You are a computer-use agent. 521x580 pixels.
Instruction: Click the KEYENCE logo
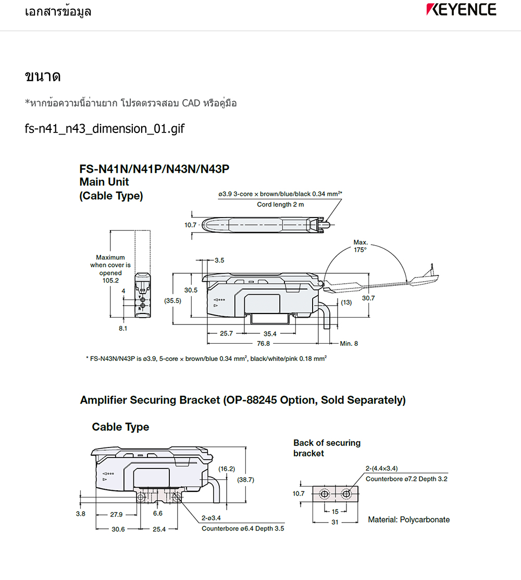point(461,9)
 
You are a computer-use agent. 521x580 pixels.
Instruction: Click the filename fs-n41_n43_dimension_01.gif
point(104,128)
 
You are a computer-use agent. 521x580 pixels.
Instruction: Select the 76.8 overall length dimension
point(264,343)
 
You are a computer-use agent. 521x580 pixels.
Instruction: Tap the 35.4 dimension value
point(270,333)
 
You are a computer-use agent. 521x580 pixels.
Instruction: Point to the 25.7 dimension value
point(226,333)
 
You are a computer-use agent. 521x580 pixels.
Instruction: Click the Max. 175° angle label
point(361,246)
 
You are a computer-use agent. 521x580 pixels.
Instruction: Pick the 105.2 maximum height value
point(110,280)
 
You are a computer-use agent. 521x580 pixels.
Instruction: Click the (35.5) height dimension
point(172,300)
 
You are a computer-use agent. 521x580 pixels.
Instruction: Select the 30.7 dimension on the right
point(368,298)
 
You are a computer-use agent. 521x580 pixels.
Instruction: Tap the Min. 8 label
point(349,343)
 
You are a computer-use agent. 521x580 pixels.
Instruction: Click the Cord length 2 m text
point(280,204)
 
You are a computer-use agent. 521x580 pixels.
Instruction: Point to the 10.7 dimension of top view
point(191,225)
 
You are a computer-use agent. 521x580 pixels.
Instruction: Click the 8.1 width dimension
point(123,328)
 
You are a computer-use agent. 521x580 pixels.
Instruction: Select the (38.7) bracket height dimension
point(245,479)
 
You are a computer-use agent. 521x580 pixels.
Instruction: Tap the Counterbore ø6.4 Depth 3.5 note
point(243,528)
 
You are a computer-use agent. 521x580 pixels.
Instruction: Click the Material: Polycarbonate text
point(408,519)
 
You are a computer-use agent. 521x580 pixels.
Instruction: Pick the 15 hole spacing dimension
point(335,511)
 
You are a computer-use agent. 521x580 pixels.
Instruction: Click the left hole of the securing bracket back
point(325,493)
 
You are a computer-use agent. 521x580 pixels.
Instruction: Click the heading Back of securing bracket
point(327,448)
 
